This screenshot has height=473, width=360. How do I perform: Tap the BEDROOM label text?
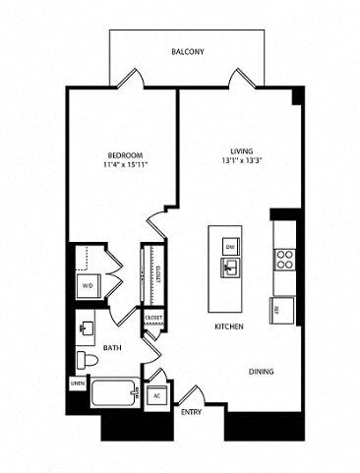click(126, 155)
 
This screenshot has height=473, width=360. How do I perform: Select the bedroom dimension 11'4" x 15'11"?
click(126, 165)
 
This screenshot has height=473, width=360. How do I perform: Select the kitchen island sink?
click(229, 266)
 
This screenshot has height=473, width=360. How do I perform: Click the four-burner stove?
click(285, 259)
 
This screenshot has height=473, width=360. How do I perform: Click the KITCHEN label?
click(229, 326)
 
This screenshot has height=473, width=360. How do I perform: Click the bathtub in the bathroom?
click(110, 397)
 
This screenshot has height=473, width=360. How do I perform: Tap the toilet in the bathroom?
click(85, 360)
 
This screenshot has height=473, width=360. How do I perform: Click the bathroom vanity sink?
click(85, 326)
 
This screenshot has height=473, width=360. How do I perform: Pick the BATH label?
click(113, 348)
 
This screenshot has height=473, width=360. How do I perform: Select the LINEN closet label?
click(76, 384)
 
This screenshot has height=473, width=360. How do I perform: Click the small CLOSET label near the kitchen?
click(153, 319)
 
